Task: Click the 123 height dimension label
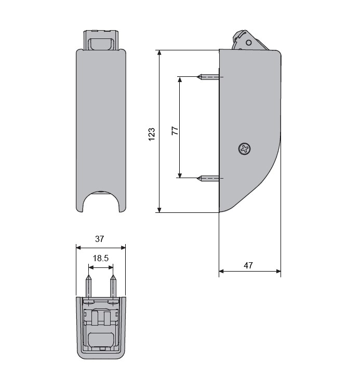click(152, 134)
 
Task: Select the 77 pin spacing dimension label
click(175, 131)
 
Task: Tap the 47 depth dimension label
click(248, 265)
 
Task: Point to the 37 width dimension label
click(99, 239)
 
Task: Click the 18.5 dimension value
click(101, 258)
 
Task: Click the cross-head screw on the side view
click(244, 149)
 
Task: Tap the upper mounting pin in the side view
click(208, 77)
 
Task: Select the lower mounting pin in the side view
click(208, 178)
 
